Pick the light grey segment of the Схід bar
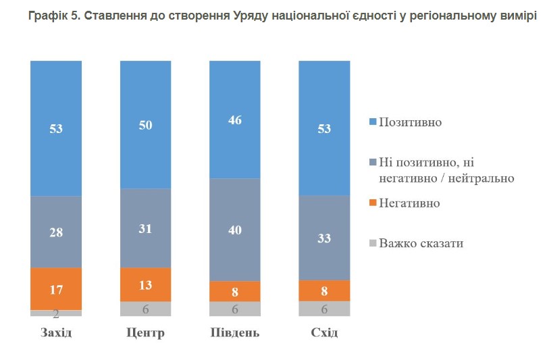click(x=324, y=308)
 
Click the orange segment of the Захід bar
click(x=56, y=288)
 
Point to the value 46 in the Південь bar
click(x=235, y=120)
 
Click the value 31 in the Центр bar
click(x=145, y=228)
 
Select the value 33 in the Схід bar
click(x=324, y=238)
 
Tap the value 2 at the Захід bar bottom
click(x=56, y=313)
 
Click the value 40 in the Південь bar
click(x=235, y=229)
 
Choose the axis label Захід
click(x=56, y=334)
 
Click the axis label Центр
click(x=145, y=334)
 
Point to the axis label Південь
click(x=235, y=334)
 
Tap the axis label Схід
click(x=324, y=334)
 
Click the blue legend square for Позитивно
click(x=371, y=123)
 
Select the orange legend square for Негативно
click(x=371, y=203)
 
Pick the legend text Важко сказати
click(x=421, y=243)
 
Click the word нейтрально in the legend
click(x=481, y=178)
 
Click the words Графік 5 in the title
click(x=55, y=16)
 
